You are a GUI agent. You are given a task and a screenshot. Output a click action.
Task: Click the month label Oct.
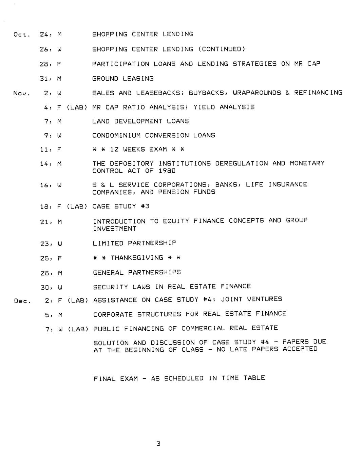pyautogui.click(x=22, y=35)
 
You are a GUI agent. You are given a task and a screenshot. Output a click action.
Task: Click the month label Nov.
pyautogui.click(x=22, y=93)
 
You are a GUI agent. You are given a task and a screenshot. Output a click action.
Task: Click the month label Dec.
pyautogui.click(x=23, y=301)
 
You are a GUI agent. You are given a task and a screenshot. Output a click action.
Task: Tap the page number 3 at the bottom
pyautogui.click(x=158, y=444)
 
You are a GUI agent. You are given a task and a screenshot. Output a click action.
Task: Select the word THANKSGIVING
pyautogui.click(x=137, y=258)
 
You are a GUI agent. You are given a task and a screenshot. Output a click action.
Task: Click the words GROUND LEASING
pyautogui.click(x=123, y=79)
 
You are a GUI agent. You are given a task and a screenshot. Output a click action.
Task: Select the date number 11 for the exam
pyautogui.click(x=44, y=150)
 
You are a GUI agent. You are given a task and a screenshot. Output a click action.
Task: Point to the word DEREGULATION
pyautogui.click(x=242, y=163)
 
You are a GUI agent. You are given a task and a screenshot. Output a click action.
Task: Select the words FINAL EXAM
pyautogui.click(x=116, y=378)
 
